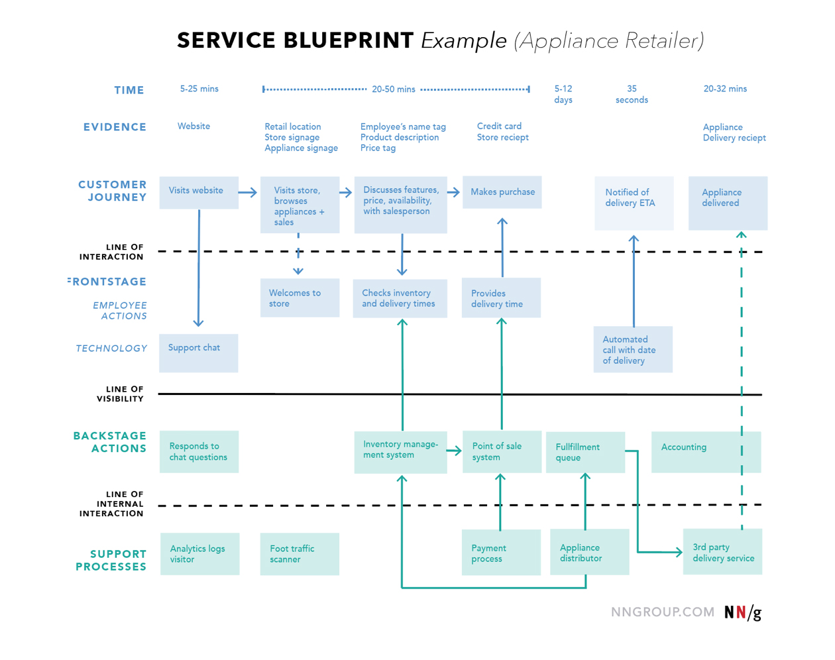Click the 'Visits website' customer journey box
pos(199,192)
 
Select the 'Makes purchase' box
pos(502,192)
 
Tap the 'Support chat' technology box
pos(199,353)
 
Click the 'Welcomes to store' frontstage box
pos(300,298)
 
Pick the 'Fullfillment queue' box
pos(585,453)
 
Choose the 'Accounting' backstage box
pos(706,452)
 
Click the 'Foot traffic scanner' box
pos(300,554)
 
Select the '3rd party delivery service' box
pos(722,551)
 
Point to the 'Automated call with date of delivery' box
pos(633,349)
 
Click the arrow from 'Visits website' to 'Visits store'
pos(248,193)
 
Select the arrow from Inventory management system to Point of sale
pos(454,451)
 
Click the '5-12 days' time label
pos(563,94)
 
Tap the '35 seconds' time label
pos(632,94)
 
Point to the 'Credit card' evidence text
pos(499,126)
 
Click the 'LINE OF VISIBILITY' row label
pos(120,394)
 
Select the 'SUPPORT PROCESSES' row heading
pos(111,560)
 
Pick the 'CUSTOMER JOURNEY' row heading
pos(113,191)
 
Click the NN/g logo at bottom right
pos(742,612)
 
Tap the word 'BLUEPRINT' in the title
pos(349,40)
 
